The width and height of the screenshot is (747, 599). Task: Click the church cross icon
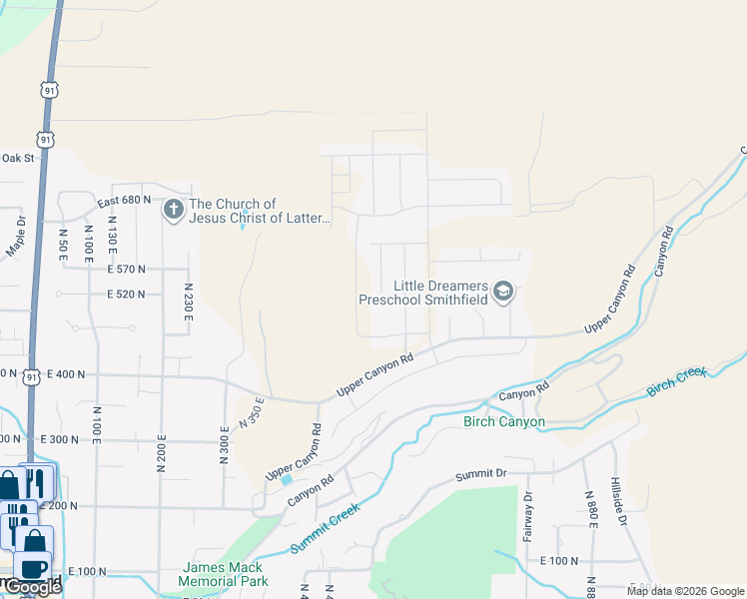173,211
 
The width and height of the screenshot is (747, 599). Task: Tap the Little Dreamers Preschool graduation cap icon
503,292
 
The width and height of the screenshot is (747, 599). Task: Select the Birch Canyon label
504,421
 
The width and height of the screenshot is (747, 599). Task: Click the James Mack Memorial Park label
225,574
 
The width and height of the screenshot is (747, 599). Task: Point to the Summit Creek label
325,530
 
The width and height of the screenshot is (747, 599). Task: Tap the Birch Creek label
677,380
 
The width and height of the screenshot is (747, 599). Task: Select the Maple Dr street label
16,236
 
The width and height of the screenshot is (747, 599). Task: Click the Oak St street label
18,158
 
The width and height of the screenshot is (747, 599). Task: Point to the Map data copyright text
684,591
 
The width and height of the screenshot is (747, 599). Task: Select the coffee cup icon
32,565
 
